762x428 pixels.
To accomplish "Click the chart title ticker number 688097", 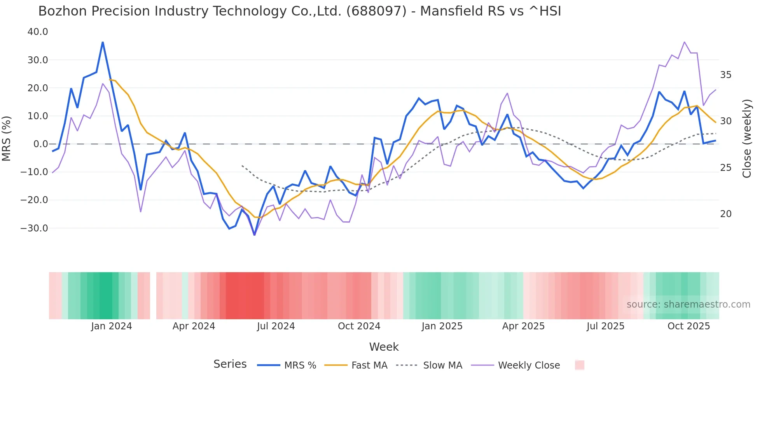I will click(x=376, y=11).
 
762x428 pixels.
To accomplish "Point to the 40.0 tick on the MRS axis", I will click(x=38, y=32).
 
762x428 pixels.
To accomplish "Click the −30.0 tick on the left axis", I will click(x=34, y=228).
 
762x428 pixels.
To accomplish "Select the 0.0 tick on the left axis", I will click(x=41, y=144).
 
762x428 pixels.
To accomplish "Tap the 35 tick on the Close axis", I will click(x=725, y=75).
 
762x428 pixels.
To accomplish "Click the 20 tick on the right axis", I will click(x=725, y=214).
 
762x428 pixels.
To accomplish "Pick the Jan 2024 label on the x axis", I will click(x=112, y=326).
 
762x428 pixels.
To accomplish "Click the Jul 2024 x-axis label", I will click(x=276, y=326).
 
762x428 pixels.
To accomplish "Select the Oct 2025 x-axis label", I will click(x=689, y=326).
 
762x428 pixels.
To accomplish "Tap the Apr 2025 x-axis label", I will click(x=523, y=326).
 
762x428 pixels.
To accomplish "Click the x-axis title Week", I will click(x=384, y=347).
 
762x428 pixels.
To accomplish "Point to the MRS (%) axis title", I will click(x=7, y=138).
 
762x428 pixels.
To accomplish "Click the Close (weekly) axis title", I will click(x=746, y=139).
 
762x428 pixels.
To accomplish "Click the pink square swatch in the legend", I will click(x=579, y=365).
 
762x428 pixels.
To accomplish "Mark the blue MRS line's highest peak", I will click(x=103, y=42).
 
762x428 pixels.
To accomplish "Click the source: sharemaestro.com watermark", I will click(x=688, y=304).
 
